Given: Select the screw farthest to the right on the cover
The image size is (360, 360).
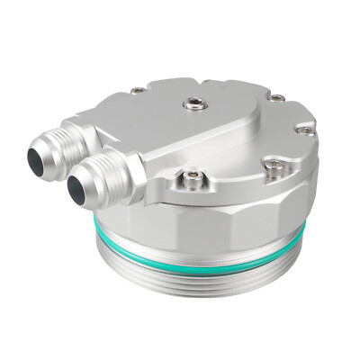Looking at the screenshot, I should (x=306, y=130).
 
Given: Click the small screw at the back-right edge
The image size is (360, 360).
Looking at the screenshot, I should (x=278, y=97).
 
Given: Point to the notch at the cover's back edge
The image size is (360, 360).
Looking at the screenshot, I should (x=238, y=85).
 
